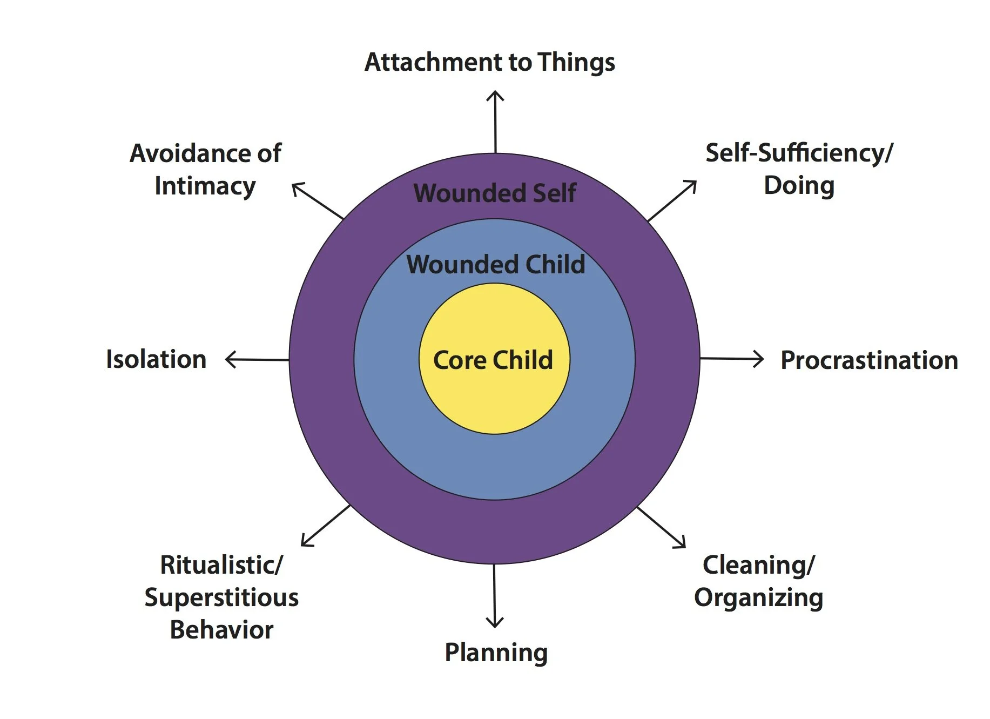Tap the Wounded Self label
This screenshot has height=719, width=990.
click(495, 193)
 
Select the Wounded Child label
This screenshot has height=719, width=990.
click(495, 265)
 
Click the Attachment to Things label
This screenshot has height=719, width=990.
click(489, 62)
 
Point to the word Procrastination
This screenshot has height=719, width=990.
click(869, 360)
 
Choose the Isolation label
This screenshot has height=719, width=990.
click(156, 359)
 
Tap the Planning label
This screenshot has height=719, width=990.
click(496, 652)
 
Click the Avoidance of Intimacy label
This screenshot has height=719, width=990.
click(205, 169)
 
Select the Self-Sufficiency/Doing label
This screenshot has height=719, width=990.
click(799, 169)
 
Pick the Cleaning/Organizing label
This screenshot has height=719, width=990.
click(758, 581)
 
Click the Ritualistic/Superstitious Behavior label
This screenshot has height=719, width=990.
click(221, 597)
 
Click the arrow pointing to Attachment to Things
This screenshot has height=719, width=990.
click(495, 122)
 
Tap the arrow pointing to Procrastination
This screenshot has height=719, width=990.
click(732, 359)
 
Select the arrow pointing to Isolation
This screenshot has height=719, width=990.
click(257, 359)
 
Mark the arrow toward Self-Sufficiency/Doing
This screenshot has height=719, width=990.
click(672, 201)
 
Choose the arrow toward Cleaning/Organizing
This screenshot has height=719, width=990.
click(662, 527)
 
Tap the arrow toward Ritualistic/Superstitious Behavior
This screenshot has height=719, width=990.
click(326, 526)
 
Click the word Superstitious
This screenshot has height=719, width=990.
click(221, 597)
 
